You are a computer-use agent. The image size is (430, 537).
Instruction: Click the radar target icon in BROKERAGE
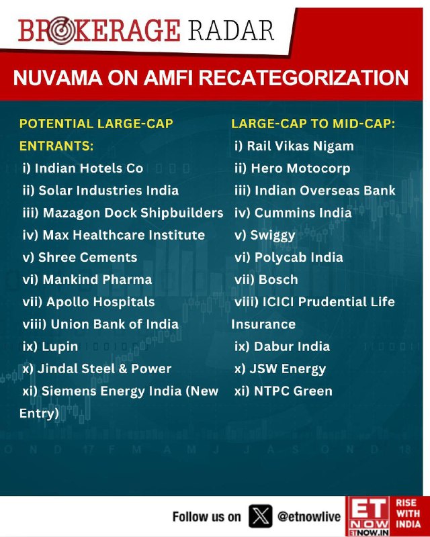[x=61, y=30]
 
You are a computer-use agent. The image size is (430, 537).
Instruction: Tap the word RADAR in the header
[x=230, y=30]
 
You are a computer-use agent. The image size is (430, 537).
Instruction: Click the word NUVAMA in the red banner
[x=58, y=77]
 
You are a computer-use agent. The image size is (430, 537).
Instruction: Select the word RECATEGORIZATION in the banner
[x=304, y=77]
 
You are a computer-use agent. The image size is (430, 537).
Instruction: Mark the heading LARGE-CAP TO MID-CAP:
[x=313, y=124]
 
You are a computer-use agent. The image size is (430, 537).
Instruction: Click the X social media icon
[x=261, y=516]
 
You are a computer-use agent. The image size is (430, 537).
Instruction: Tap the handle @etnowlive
[x=309, y=516]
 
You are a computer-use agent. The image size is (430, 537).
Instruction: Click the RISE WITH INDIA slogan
[x=408, y=514]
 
